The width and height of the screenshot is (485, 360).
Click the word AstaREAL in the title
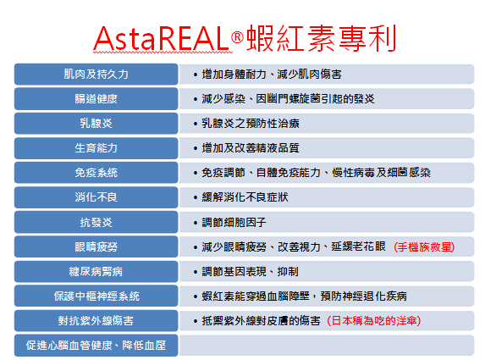click(161, 39)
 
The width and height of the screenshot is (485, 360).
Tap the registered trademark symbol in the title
click(237, 37)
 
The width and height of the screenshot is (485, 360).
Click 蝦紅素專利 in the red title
click(321, 38)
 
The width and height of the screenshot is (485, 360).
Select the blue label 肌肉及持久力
click(96, 75)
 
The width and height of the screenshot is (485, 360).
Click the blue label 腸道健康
click(96, 99)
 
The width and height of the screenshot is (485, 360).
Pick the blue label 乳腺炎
click(96, 123)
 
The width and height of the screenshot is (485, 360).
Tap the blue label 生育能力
click(96, 148)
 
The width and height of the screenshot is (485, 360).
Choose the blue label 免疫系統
click(96, 173)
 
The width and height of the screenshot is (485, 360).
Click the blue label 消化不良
click(96, 197)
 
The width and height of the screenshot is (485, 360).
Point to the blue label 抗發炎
click(96, 222)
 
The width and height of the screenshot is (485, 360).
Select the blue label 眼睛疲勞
click(96, 246)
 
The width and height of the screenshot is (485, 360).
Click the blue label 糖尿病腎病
click(96, 271)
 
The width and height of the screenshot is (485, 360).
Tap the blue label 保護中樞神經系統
click(96, 296)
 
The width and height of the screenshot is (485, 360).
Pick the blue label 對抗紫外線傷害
click(96, 321)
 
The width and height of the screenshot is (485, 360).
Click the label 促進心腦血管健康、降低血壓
click(96, 345)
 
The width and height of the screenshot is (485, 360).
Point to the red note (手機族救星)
click(424, 247)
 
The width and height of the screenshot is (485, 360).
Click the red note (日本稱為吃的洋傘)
click(373, 321)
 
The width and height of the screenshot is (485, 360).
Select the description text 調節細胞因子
click(234, 222)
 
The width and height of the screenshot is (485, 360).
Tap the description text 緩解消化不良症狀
click(245, 197)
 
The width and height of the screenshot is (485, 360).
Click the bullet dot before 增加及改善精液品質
click(196, 148)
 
